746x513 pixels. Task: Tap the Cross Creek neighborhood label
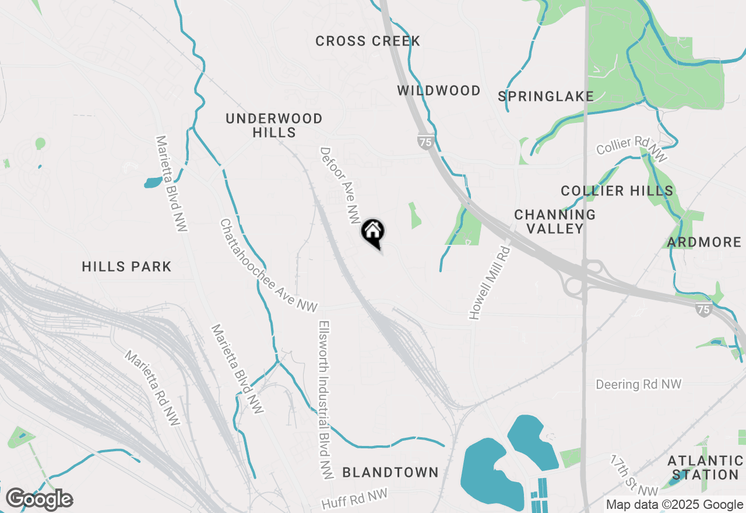point(368,41)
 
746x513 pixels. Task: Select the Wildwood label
point(439,90)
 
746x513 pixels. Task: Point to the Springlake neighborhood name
point(546,96)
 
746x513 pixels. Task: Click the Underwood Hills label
point(274,125)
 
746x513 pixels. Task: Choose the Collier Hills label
point(617,191)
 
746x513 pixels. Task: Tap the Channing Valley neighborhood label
point(555,222)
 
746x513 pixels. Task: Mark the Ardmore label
point(705,242)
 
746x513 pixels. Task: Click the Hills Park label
point(126,266)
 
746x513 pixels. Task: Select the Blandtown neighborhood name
point(390,472)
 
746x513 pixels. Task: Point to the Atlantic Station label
point(705,468)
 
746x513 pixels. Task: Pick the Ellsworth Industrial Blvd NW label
point(325,399)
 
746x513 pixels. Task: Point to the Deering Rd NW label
point(638,384)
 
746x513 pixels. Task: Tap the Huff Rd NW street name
point(354,499)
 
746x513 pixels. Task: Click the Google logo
point(39,500)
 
